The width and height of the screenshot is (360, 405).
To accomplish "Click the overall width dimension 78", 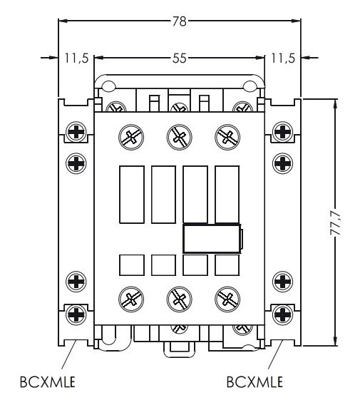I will (x=179, y=21).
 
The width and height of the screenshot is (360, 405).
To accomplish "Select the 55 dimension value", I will (x=179, y=58).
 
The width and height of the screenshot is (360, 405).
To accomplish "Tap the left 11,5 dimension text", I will (x=76, y=58).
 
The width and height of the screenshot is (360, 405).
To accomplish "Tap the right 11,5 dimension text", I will (x=282, y=58).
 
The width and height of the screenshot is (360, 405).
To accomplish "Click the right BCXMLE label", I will (x=254, y=381).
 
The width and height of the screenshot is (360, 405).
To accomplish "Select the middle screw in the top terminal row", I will (x=179, y=135).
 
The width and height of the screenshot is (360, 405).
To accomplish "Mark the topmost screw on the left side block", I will (x=76, y=132).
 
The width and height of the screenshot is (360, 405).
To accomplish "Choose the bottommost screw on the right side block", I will (x=283, y=313).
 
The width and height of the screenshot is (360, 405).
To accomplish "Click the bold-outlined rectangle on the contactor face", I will (x=212, y=238).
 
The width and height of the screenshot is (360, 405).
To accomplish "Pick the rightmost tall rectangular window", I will (x=227, y=195).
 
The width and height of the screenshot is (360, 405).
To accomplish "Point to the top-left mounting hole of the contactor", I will (x=108, y=88).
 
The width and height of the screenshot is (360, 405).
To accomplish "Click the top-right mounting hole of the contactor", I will (x=250, y=88).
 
